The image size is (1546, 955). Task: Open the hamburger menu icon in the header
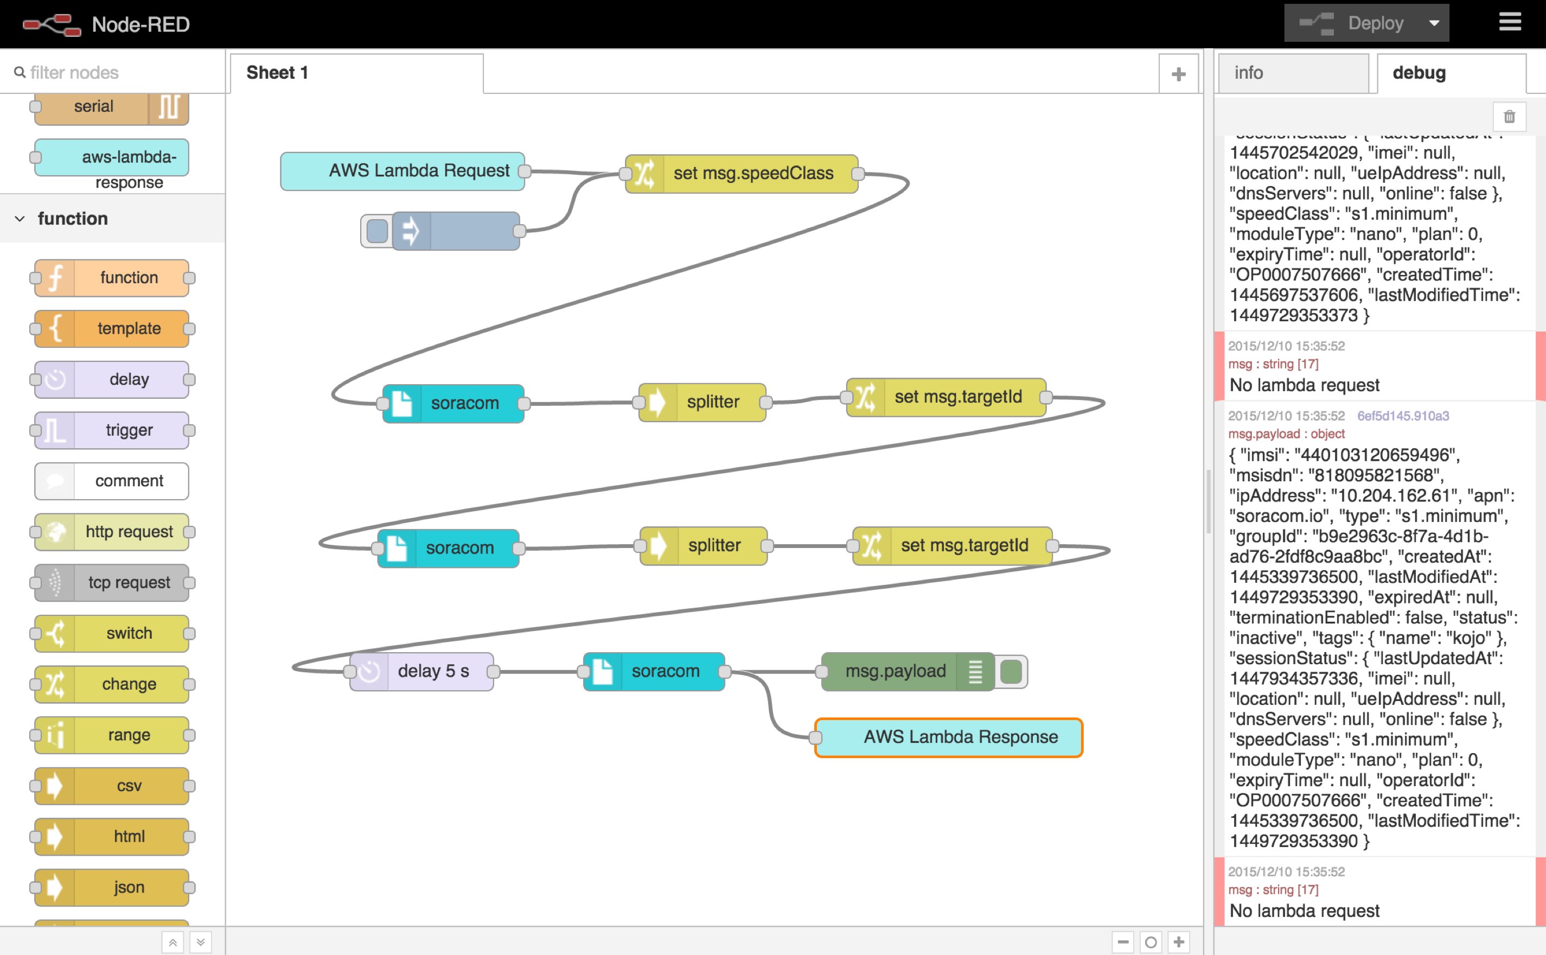(x=1510, y=23)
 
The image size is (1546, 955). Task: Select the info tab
(x=1292, y=73)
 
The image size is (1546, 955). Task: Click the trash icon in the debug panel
(x=1509, y=116)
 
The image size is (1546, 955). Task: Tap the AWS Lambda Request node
(x=402, y=170)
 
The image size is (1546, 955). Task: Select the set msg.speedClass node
(x=741, y=173)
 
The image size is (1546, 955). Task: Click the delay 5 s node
(x=421, y=671)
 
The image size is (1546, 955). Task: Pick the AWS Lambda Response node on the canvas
(x=948, y=737)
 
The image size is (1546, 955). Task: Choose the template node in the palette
(x=112, y=328)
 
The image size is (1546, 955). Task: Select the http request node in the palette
(x=112, y=532)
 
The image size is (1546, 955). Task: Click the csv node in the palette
(x=112, y=786)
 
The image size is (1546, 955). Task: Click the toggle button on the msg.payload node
(x=1011, y=671)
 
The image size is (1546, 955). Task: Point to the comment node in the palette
(x=112, y=481)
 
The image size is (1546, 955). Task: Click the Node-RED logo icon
(x=51, y=24)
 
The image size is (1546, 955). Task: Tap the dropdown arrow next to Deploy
(x=1434, y=23)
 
